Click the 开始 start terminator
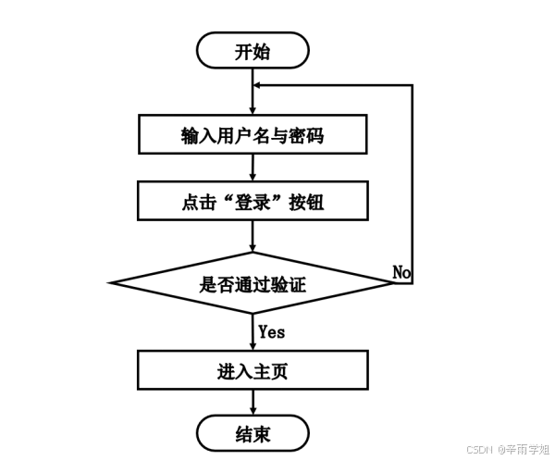pos(252,50)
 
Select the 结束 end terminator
pos(252,432)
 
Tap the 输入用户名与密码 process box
pos(252,135)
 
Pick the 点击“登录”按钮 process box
pos(252,200)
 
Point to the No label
pos(401,272)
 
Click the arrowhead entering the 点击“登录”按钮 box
pos(253,176)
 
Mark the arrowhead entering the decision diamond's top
pos(253,246)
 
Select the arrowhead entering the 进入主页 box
pos(253,344)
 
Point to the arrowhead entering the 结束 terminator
pos(253,408)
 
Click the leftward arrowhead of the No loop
pos(259,84)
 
